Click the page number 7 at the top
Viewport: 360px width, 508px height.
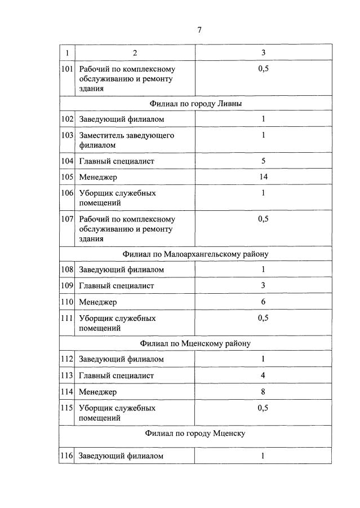pyautogui.click(x=199, y=30)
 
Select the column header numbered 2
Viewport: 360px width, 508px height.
pyautogui.click(x=135, y=53)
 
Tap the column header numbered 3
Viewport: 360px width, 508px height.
pyautogui.click(x=263, y=53)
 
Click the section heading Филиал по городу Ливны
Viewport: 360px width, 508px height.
pyautogui.click(x=195, y=104)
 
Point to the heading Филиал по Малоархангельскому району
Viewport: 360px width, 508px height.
pyautogui.click(x=195, y=254)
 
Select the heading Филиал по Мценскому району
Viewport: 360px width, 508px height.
pyautogui.click(x=195, y=343)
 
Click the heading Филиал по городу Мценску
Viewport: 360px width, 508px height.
pyautogui.click(x=195, y=434)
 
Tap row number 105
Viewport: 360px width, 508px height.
pyautogui.click(x=67, y=177)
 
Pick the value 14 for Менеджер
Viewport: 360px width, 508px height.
pyautogui.click(x=263, y=177)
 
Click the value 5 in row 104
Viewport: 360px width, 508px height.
pyautogui.click(x=263, y=161)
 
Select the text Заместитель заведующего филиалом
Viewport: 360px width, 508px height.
pyautogui.click(x=126, y=140)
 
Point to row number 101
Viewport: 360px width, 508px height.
pyautogui.click(x=67, y=69)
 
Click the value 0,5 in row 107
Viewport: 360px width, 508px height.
pyautogui.click(x=263, y=219)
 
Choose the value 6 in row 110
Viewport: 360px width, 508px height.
pyautogui.click(x=263, y=302)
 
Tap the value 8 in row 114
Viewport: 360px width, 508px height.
pyautogui.click(x=263, y=391)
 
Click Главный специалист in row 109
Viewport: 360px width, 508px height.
pyautogui.click(x=116, y=286)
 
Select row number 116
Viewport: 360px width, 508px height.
pyautogui.click(x=67, y=456)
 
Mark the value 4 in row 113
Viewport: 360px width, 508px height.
pyautogui.click(x=263, y=376)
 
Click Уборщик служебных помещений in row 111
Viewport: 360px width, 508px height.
pyautogui.click(x=117, y=323)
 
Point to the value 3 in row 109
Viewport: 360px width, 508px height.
pyautogui.click(x=263, y=286)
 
